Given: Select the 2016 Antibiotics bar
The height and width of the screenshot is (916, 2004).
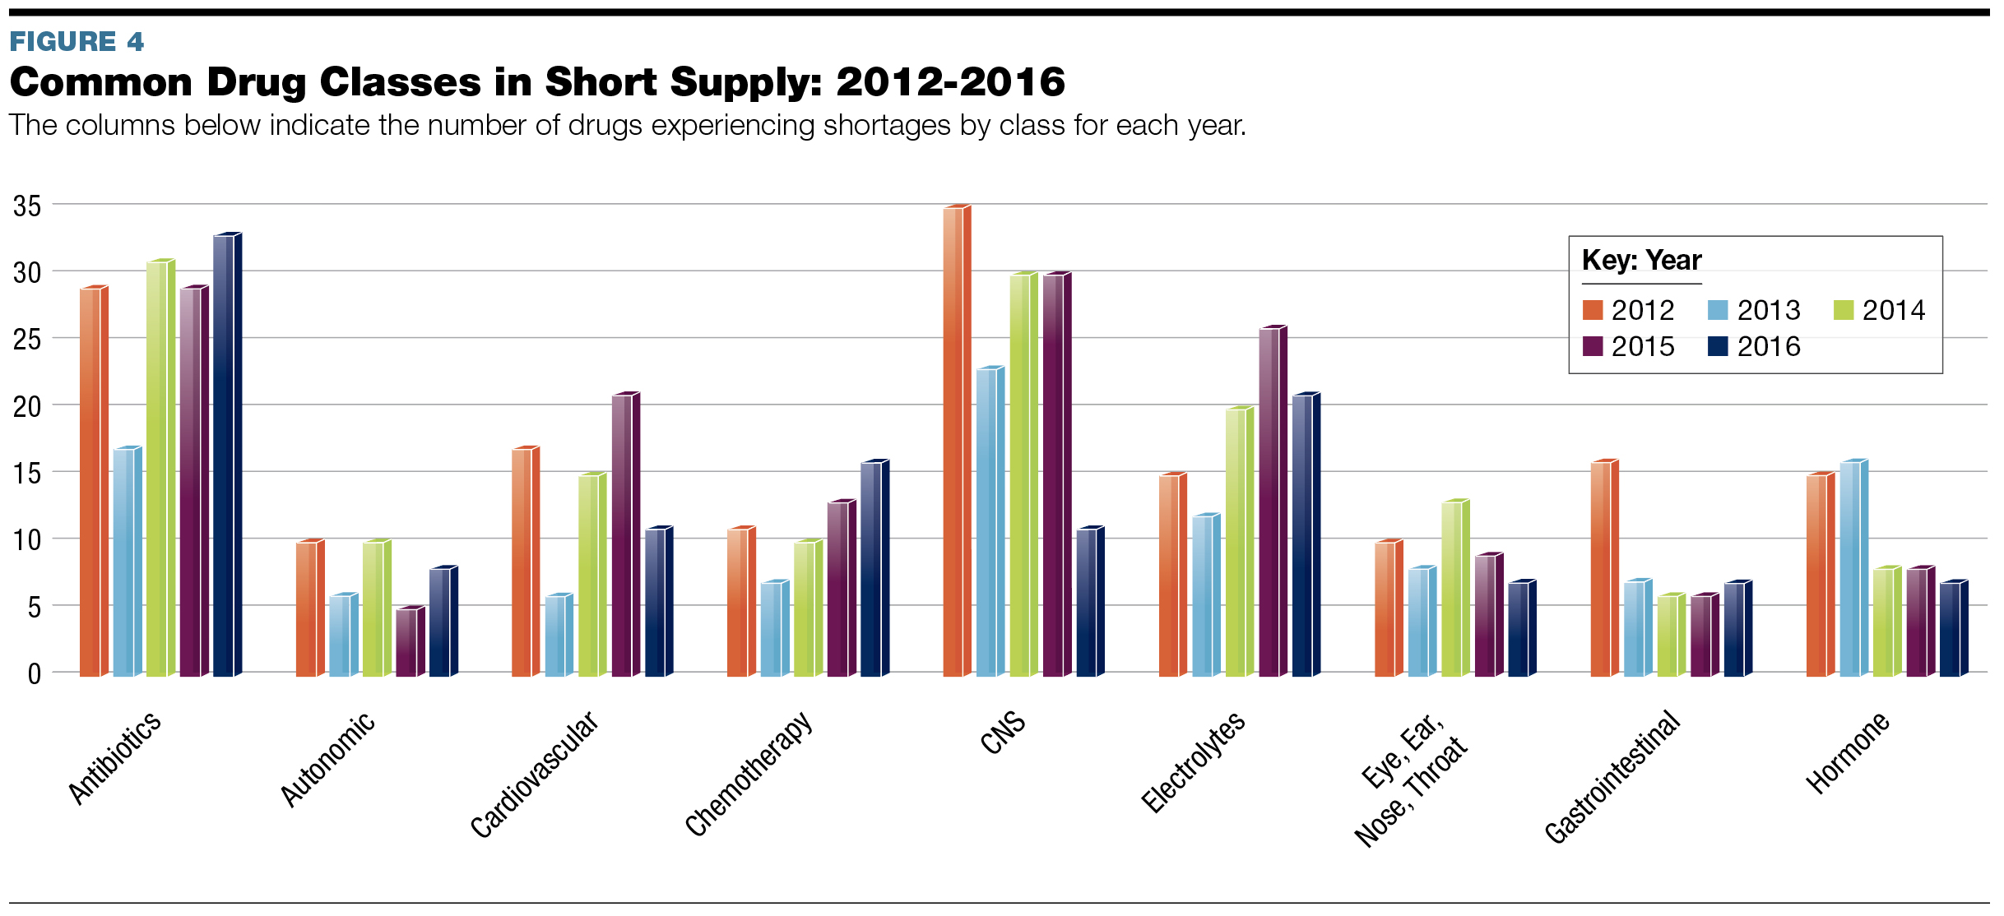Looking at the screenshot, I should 224,456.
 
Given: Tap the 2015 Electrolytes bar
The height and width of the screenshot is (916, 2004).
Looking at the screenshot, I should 1269,502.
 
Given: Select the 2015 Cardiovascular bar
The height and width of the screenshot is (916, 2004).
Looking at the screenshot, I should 623,535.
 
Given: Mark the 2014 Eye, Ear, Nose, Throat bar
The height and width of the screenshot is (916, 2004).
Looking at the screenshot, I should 1452,589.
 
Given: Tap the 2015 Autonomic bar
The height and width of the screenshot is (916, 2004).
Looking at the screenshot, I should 407,642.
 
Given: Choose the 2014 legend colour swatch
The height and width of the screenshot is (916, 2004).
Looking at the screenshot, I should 1844,310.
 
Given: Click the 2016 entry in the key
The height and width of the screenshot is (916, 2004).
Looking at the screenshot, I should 1768,346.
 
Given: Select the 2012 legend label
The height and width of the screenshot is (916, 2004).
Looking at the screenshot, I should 1642,310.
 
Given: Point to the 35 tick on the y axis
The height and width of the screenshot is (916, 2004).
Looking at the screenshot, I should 27,206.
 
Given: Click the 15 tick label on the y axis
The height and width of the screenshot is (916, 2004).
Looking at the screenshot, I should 27,474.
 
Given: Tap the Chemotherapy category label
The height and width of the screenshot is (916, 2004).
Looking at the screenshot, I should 749,773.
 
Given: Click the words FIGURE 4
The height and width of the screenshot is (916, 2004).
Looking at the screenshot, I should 77,41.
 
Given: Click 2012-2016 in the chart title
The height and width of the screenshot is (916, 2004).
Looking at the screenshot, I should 950,82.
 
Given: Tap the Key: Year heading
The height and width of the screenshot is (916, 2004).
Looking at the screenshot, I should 1641,260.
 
